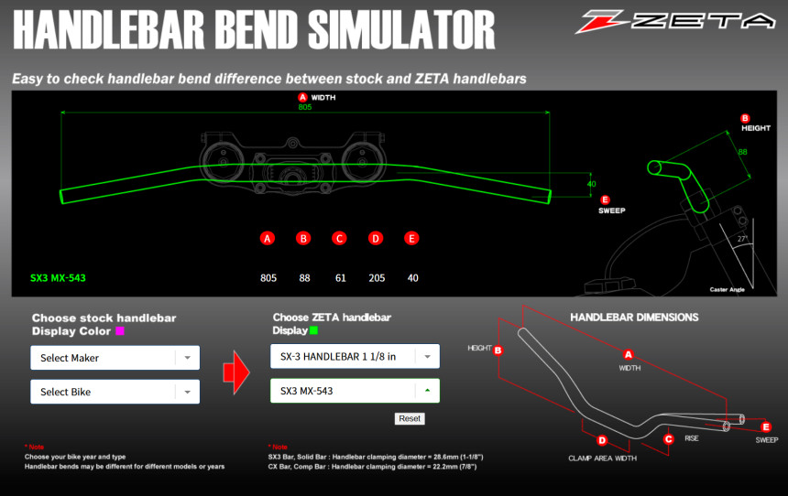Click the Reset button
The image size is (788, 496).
[x=410, y=419]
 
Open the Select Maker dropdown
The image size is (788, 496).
[x=115, y=358]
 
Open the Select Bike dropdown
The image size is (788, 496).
[x=115, y=392]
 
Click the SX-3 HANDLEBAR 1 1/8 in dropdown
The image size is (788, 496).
[x=355, y=356]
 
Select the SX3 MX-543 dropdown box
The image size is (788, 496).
[x=355, y=391]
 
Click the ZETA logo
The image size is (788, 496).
[x=675, y=21]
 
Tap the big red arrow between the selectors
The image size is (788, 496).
[x=236, y=372]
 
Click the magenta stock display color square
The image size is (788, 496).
[x=120, y=331]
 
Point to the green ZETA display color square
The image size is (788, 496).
[x=314, y=330]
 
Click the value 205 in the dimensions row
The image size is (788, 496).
[x=377, y=278]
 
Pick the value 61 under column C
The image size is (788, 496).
[x=341, y=278]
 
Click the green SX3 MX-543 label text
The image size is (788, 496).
[x=58, y=278]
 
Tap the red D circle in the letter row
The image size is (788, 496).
[x=376, y=239]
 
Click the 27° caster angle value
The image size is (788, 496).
[x=742, y=239]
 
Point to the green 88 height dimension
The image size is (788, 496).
[x=743, y=152]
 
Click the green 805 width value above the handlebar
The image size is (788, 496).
[x=305, y=107]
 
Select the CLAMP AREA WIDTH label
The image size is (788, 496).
[x=603, y=458]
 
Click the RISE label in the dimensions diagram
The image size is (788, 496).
[x=692, y=438]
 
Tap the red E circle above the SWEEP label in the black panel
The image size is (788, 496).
[x=605, y=199]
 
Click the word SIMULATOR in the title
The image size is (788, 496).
[x=401, y=30]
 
